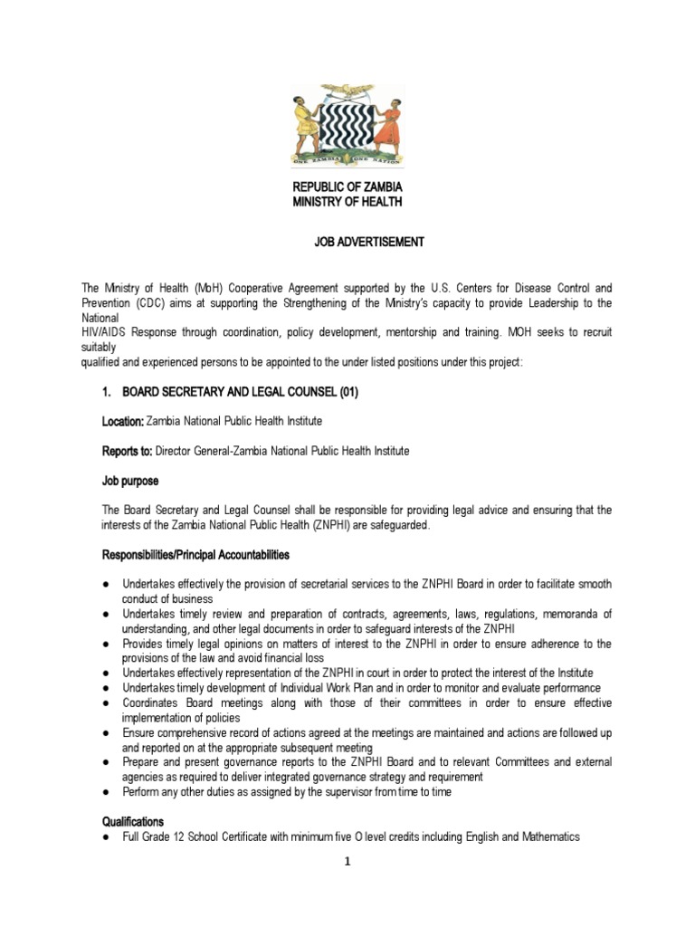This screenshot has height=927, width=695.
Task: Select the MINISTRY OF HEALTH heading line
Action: [x=347, y=201]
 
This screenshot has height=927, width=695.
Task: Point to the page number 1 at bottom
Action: [x=347, y=862]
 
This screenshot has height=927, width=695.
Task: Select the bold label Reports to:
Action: [x=127, y=451]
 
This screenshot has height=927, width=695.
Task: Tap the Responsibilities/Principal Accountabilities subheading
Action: [x=195, y=554]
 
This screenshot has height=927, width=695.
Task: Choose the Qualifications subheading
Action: [x=132, y=821]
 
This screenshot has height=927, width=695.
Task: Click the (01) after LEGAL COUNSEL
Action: [x=356, y=392]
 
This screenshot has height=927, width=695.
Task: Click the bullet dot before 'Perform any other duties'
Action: [x=106, y=792]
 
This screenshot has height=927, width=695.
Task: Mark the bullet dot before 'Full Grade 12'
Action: [x=106, y=837]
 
